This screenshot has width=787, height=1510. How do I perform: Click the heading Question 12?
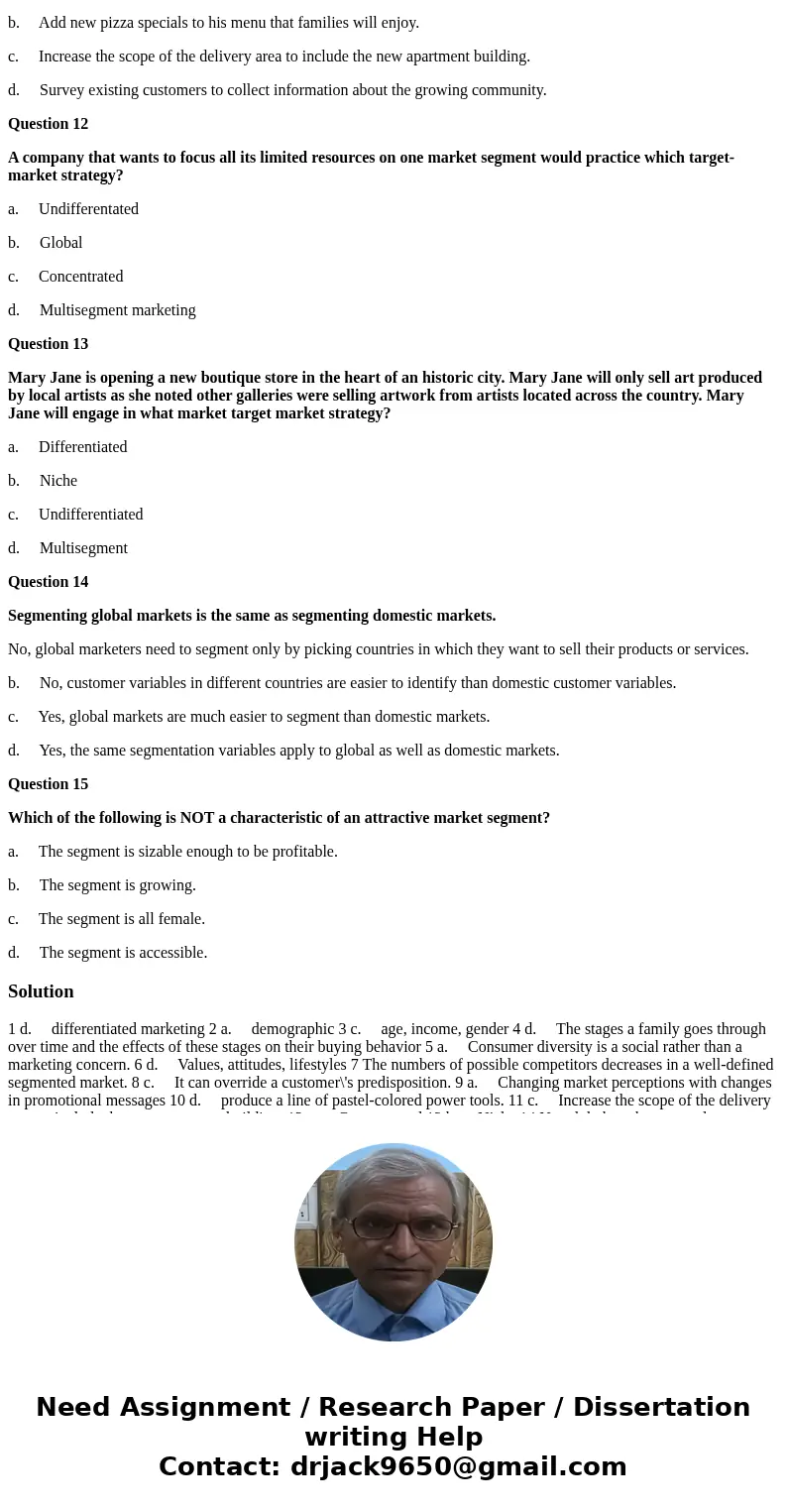pos(48,124)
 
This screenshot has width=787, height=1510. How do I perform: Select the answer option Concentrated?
pos(80,277)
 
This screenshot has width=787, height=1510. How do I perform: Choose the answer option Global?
pos(60,243)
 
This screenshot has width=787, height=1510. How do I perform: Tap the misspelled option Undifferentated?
pos(88,209)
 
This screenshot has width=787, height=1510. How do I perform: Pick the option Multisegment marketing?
pos(117,310)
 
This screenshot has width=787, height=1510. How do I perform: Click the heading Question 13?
pos(48,344)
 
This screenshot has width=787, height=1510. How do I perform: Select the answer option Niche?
pos(58,481)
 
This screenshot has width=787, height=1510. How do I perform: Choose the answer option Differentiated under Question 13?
pos(82,447)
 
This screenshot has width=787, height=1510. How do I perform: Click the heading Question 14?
pos(48,582)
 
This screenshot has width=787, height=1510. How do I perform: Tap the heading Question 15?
pos(48,784)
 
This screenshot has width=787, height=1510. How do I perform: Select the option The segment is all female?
pos(121,919)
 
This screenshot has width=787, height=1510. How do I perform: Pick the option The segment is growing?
pos(117,885)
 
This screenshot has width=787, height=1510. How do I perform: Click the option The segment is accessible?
pos(123,953)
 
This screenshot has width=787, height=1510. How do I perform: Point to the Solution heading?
pos(41,991)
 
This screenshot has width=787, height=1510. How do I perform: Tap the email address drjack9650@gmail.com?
pos(458,1466)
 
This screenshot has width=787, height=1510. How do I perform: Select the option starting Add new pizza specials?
pos(229,23)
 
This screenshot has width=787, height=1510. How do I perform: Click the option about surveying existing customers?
pos(292,90)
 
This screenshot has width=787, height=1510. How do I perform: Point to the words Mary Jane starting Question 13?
pos(43,378)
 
